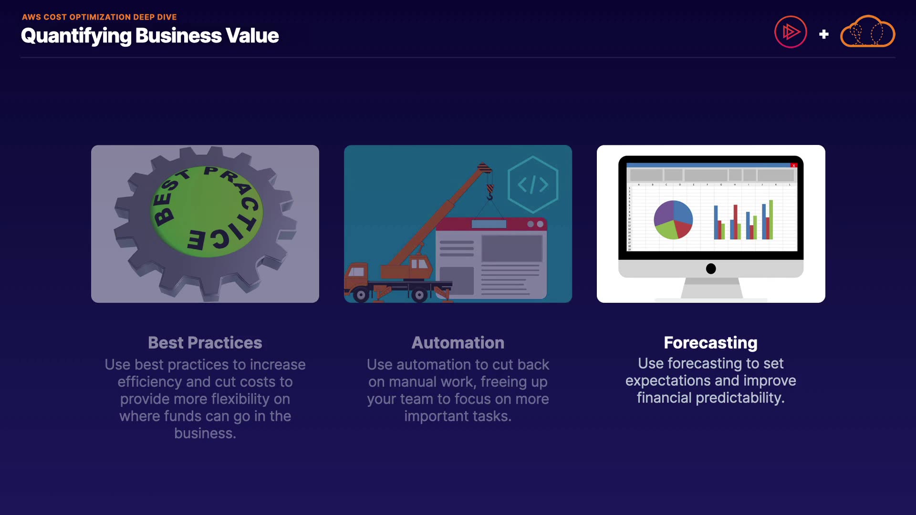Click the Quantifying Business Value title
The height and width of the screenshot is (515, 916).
[x=150, y=36]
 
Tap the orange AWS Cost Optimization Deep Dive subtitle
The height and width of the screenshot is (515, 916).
[x=99, y=17]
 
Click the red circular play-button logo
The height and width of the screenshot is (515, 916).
[x=791, y=32]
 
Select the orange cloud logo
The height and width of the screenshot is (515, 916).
[x=867, y=31]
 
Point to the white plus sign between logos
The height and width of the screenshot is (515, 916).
[x=824, y=34]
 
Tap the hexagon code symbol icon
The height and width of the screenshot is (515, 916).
[x=533, y=185]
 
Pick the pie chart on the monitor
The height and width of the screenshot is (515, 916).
[x=673, y=220]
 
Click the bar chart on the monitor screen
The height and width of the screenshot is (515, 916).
[x=743, y=220]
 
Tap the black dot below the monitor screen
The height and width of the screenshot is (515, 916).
[x=711, y=269]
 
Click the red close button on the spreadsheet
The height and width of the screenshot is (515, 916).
[x=794, y=165]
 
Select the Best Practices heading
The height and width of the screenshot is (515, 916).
[x=205, y=343]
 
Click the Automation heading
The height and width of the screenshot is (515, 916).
[x=458, y=343]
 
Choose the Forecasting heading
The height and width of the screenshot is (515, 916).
[x=711, y=343]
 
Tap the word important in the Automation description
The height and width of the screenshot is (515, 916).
[x=437, y=416]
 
